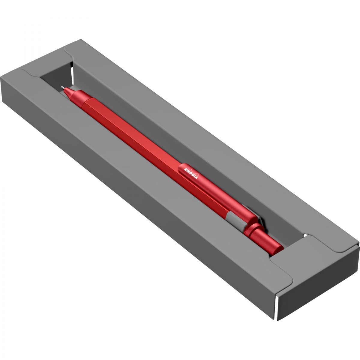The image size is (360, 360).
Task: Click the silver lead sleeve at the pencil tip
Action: pos(62,87)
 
